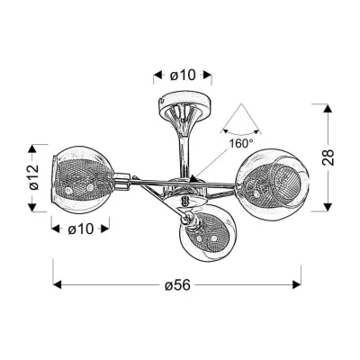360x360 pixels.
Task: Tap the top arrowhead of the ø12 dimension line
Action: [x=36, y=145]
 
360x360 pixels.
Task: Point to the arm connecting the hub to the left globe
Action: [x=135, y=183]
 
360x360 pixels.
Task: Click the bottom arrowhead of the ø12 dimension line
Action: [x=36, y=208]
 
